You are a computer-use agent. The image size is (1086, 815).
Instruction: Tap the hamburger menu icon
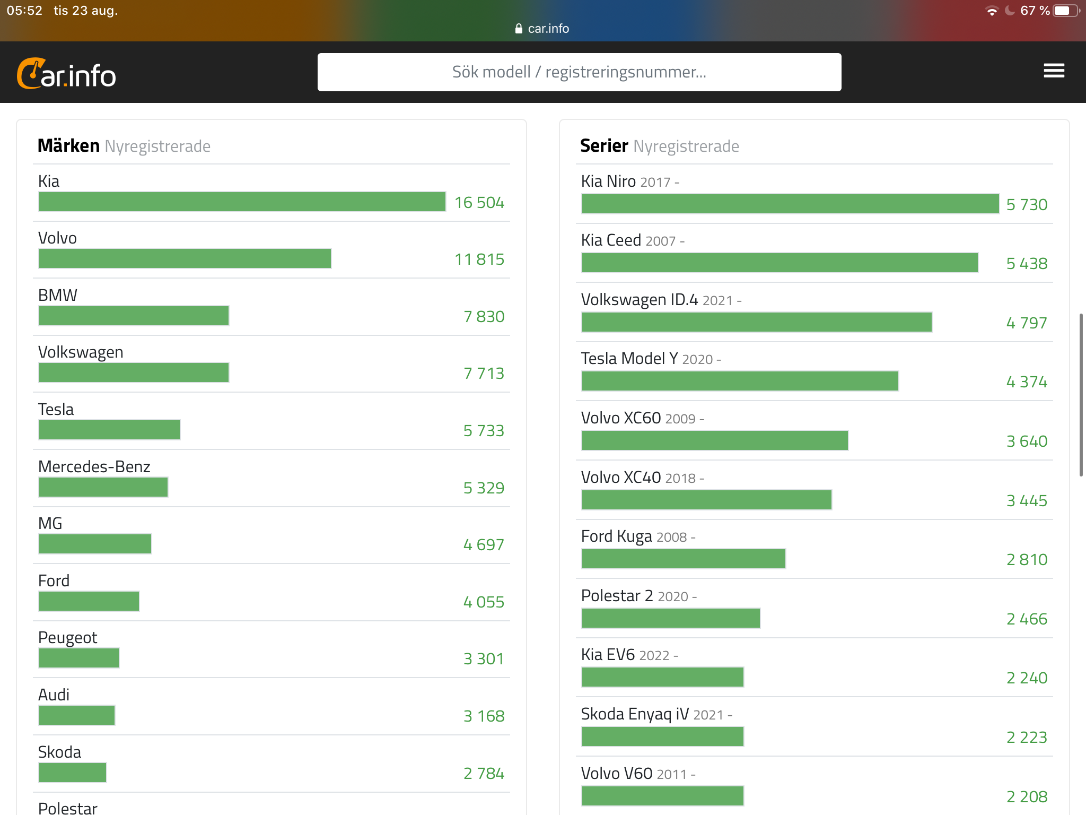pyautogui.click(x=1054, y=71)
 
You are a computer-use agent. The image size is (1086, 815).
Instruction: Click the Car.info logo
pyautogui.click(x=67, y=74)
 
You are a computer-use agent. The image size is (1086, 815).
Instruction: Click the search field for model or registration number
pyautogui.click(x=579, y=72)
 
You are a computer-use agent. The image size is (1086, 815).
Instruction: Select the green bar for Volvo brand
pyautogui.click(x=185, y=258)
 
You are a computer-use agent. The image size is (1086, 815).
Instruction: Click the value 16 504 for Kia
pyautogui.click(x=479, y=203)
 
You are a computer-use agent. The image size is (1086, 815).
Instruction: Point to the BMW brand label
pyautogui.click(x=58, y=295)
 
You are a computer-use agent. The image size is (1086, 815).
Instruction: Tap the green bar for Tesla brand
pyautogui.click(x=109, y=430)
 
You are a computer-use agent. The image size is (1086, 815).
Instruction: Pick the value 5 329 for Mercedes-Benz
pyautogui.click(x=483, y=488)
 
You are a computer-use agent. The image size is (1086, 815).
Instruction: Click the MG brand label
pyautogui.click(x=50, y=523)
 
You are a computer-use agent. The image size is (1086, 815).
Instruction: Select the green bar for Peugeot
pyautogui.click(x=79, y=658)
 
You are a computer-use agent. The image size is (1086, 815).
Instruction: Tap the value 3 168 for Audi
pyautogui.click(x=484, y=716)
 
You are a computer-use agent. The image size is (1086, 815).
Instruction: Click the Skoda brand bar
pyautogui.click(x=73, y=773)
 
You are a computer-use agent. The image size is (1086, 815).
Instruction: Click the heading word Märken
pyautogui.click(x=68, y=145)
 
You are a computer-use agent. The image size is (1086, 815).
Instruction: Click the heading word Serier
pyautogui.click(x=604, y=145)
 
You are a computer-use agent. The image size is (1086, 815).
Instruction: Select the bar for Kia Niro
pyautogui.click(x=790, y=204)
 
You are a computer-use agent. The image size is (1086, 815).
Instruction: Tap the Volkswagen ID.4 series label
pyautogui.click(x=640, y=300)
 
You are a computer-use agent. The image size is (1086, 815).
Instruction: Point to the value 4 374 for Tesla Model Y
pyautogui.click(x=1027, y=382)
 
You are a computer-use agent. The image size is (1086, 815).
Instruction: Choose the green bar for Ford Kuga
pyautogui.click(x=684, y=559)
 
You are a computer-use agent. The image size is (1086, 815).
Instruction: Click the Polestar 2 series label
pyautogui.click(x=617, y=596)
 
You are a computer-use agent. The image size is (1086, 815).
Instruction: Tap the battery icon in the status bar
pyautogui.click(x=1065, y=11)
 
